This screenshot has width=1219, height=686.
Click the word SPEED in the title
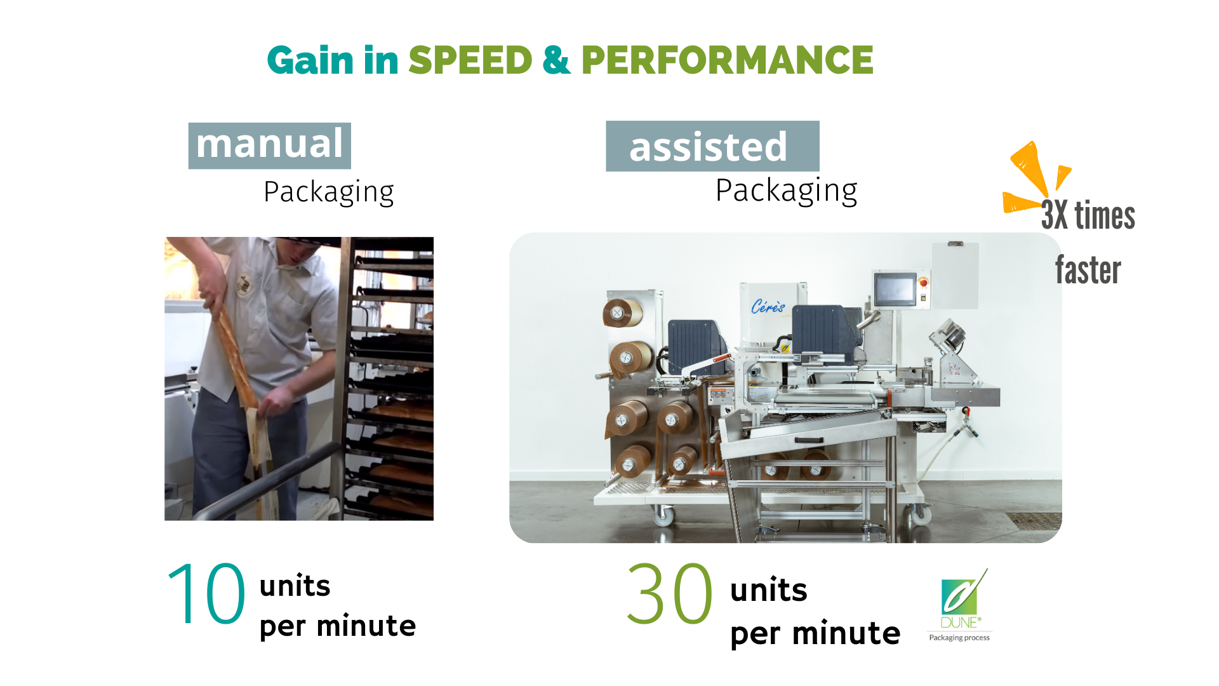470,60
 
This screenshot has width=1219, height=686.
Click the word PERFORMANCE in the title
728,60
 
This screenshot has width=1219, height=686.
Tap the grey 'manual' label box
270,145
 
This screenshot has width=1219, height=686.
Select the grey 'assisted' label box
712,146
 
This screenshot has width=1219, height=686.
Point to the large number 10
206,594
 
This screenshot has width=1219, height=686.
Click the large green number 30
669,594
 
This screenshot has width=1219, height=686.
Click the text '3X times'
1088,215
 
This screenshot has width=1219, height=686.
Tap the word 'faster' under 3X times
1088,270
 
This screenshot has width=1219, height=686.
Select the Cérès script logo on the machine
768,307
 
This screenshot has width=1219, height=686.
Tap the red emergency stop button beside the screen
924,282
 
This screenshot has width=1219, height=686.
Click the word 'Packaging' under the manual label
329,192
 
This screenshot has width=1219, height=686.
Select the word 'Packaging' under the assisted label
787,191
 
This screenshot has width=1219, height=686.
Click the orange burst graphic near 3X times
1034,177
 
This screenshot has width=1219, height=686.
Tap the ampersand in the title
557,60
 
